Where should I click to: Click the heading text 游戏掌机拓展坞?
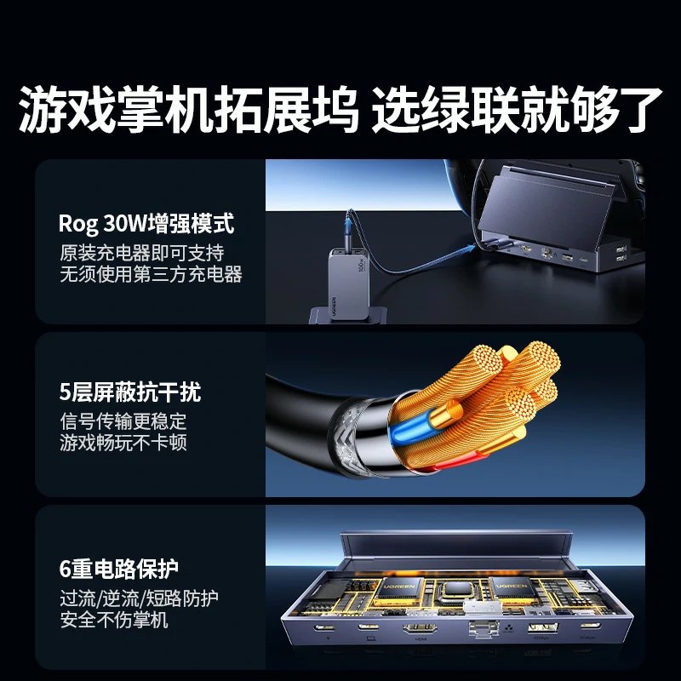[189, 109]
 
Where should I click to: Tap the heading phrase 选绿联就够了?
[517, 109]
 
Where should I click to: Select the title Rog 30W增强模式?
[146, 224]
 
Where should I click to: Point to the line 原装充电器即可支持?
[141, 253]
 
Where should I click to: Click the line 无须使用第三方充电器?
[151, 274]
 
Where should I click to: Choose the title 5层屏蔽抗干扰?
[129, 392]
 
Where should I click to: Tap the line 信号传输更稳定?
[123, 421]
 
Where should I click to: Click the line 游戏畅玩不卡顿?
[123, 443]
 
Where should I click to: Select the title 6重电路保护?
[119, 568]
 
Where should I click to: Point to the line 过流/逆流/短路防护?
[139, 598]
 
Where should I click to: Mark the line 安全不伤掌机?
[113, 620]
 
